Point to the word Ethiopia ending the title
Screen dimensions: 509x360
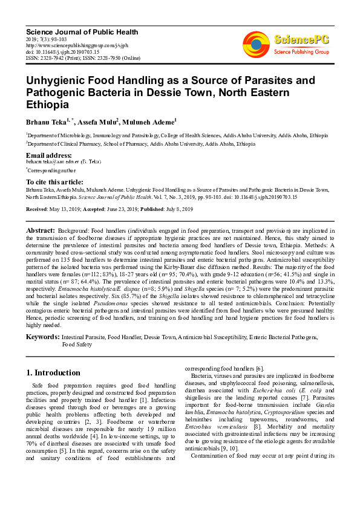[48, 104]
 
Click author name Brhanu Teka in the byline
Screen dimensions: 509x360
[48, 122]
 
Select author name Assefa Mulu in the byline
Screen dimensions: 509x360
[97, 122]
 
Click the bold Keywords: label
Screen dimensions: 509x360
[42, 336]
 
